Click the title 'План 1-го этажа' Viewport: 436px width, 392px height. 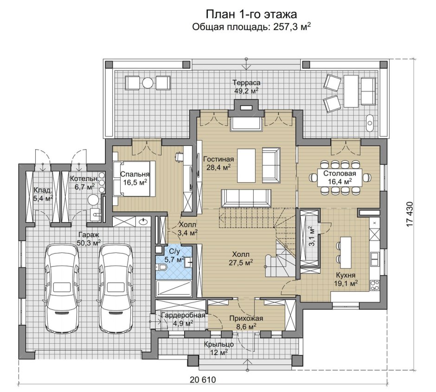tap(251, 14)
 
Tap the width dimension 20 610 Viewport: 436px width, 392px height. tap(203, 379)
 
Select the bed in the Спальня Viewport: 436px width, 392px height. tap(134, 179)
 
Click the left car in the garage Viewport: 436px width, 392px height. tap(61, 288)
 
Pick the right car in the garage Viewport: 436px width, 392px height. tap(115, 288)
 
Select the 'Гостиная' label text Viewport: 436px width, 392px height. tap(218, 159)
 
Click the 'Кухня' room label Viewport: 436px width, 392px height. tap(346, 275)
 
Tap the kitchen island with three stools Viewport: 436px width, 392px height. tap(346, 249)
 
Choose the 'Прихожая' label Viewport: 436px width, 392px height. tap(246, 318)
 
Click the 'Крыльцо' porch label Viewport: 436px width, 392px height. tap(218, 344)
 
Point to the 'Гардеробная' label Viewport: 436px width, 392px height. tap(183, 316)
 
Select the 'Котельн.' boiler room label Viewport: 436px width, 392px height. tap(83, 178)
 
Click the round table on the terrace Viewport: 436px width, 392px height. tap(147, 82)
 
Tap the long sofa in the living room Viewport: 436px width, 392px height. tap(246, 198)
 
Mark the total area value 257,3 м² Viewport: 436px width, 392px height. tap(292, 27)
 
